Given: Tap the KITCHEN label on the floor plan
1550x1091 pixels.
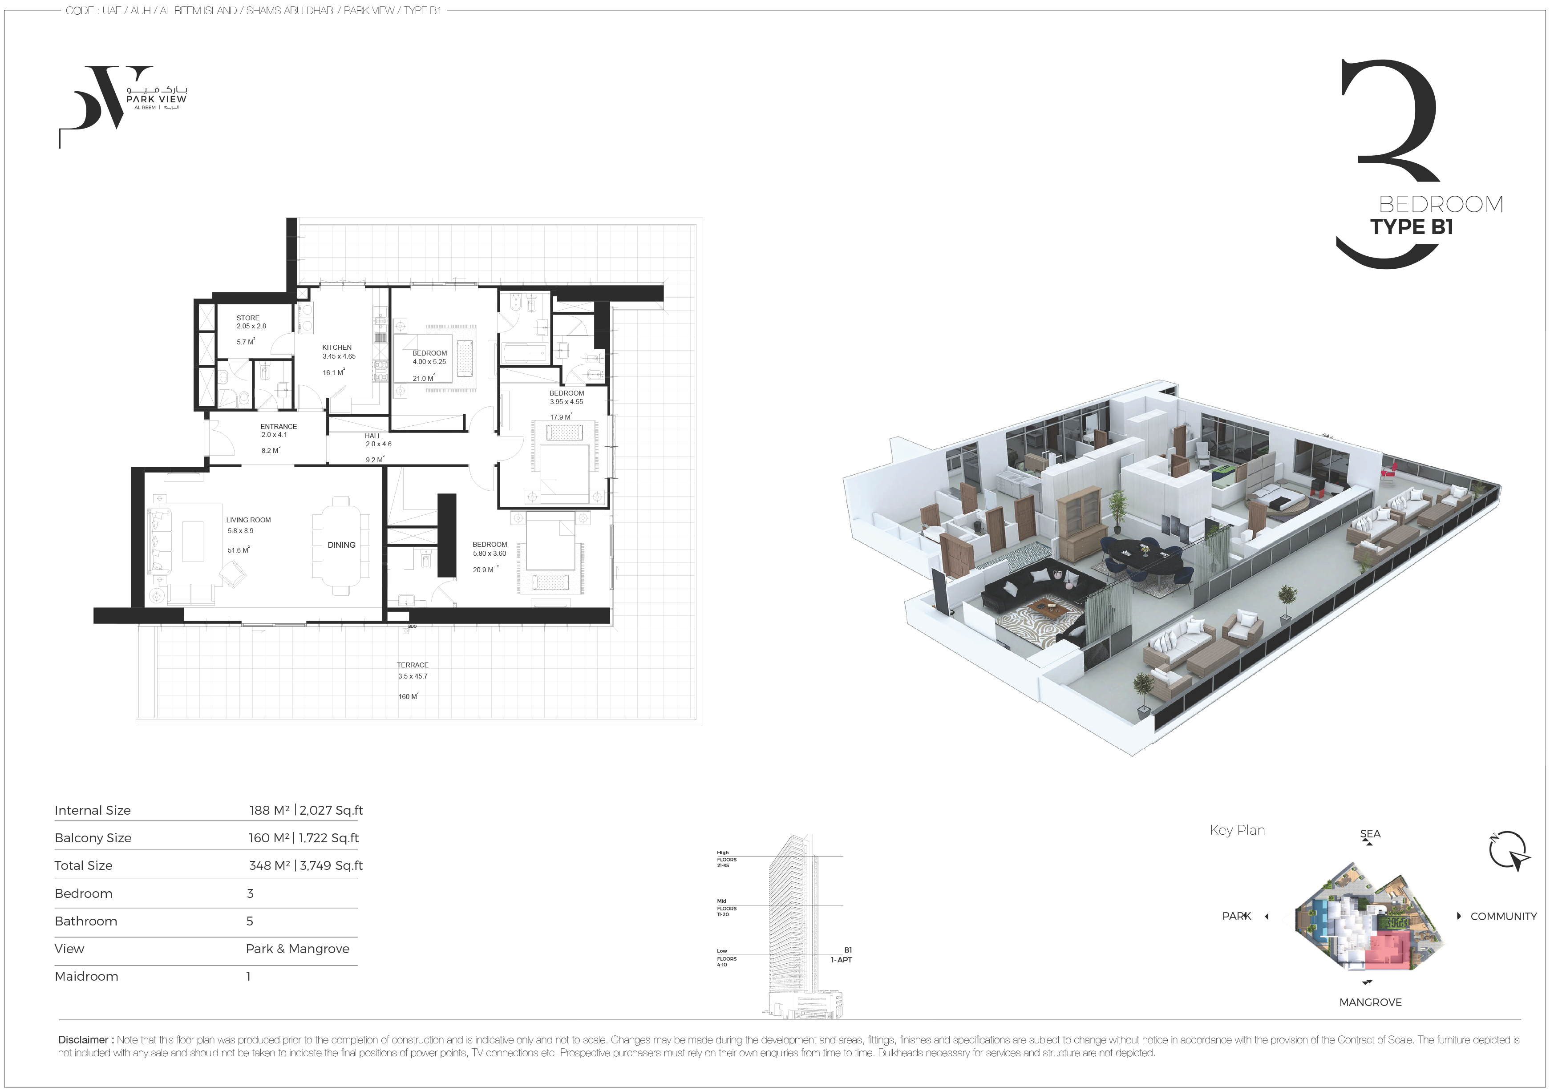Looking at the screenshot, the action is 337,348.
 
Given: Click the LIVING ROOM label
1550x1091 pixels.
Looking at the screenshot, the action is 248,520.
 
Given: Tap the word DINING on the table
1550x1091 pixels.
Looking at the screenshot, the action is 342,545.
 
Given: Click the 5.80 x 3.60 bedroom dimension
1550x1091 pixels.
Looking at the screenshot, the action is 490,554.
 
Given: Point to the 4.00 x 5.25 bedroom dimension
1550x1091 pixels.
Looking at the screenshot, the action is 429,362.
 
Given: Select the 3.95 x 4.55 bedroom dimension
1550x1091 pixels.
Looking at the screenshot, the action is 567,402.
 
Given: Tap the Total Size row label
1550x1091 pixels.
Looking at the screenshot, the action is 84,865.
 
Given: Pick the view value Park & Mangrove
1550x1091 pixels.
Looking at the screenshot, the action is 298,949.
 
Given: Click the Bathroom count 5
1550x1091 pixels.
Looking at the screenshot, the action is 250,921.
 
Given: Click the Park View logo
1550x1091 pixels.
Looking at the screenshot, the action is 123,106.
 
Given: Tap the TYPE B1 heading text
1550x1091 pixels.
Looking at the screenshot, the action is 1412,227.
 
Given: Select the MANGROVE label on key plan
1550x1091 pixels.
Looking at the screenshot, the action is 1370,1002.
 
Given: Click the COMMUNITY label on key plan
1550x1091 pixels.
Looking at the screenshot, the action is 1503,916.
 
